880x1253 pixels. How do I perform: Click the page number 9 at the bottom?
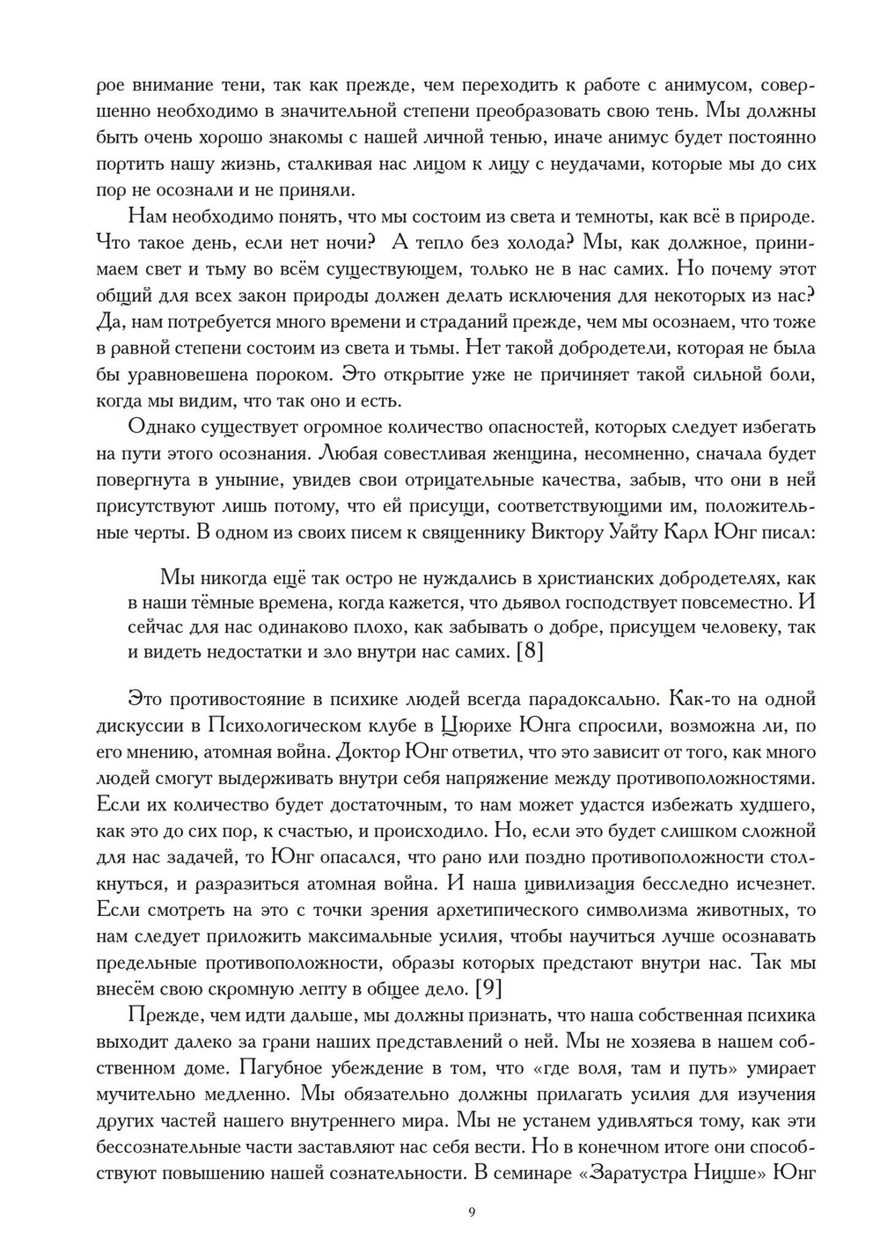473,1213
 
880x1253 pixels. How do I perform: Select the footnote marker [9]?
488,987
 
